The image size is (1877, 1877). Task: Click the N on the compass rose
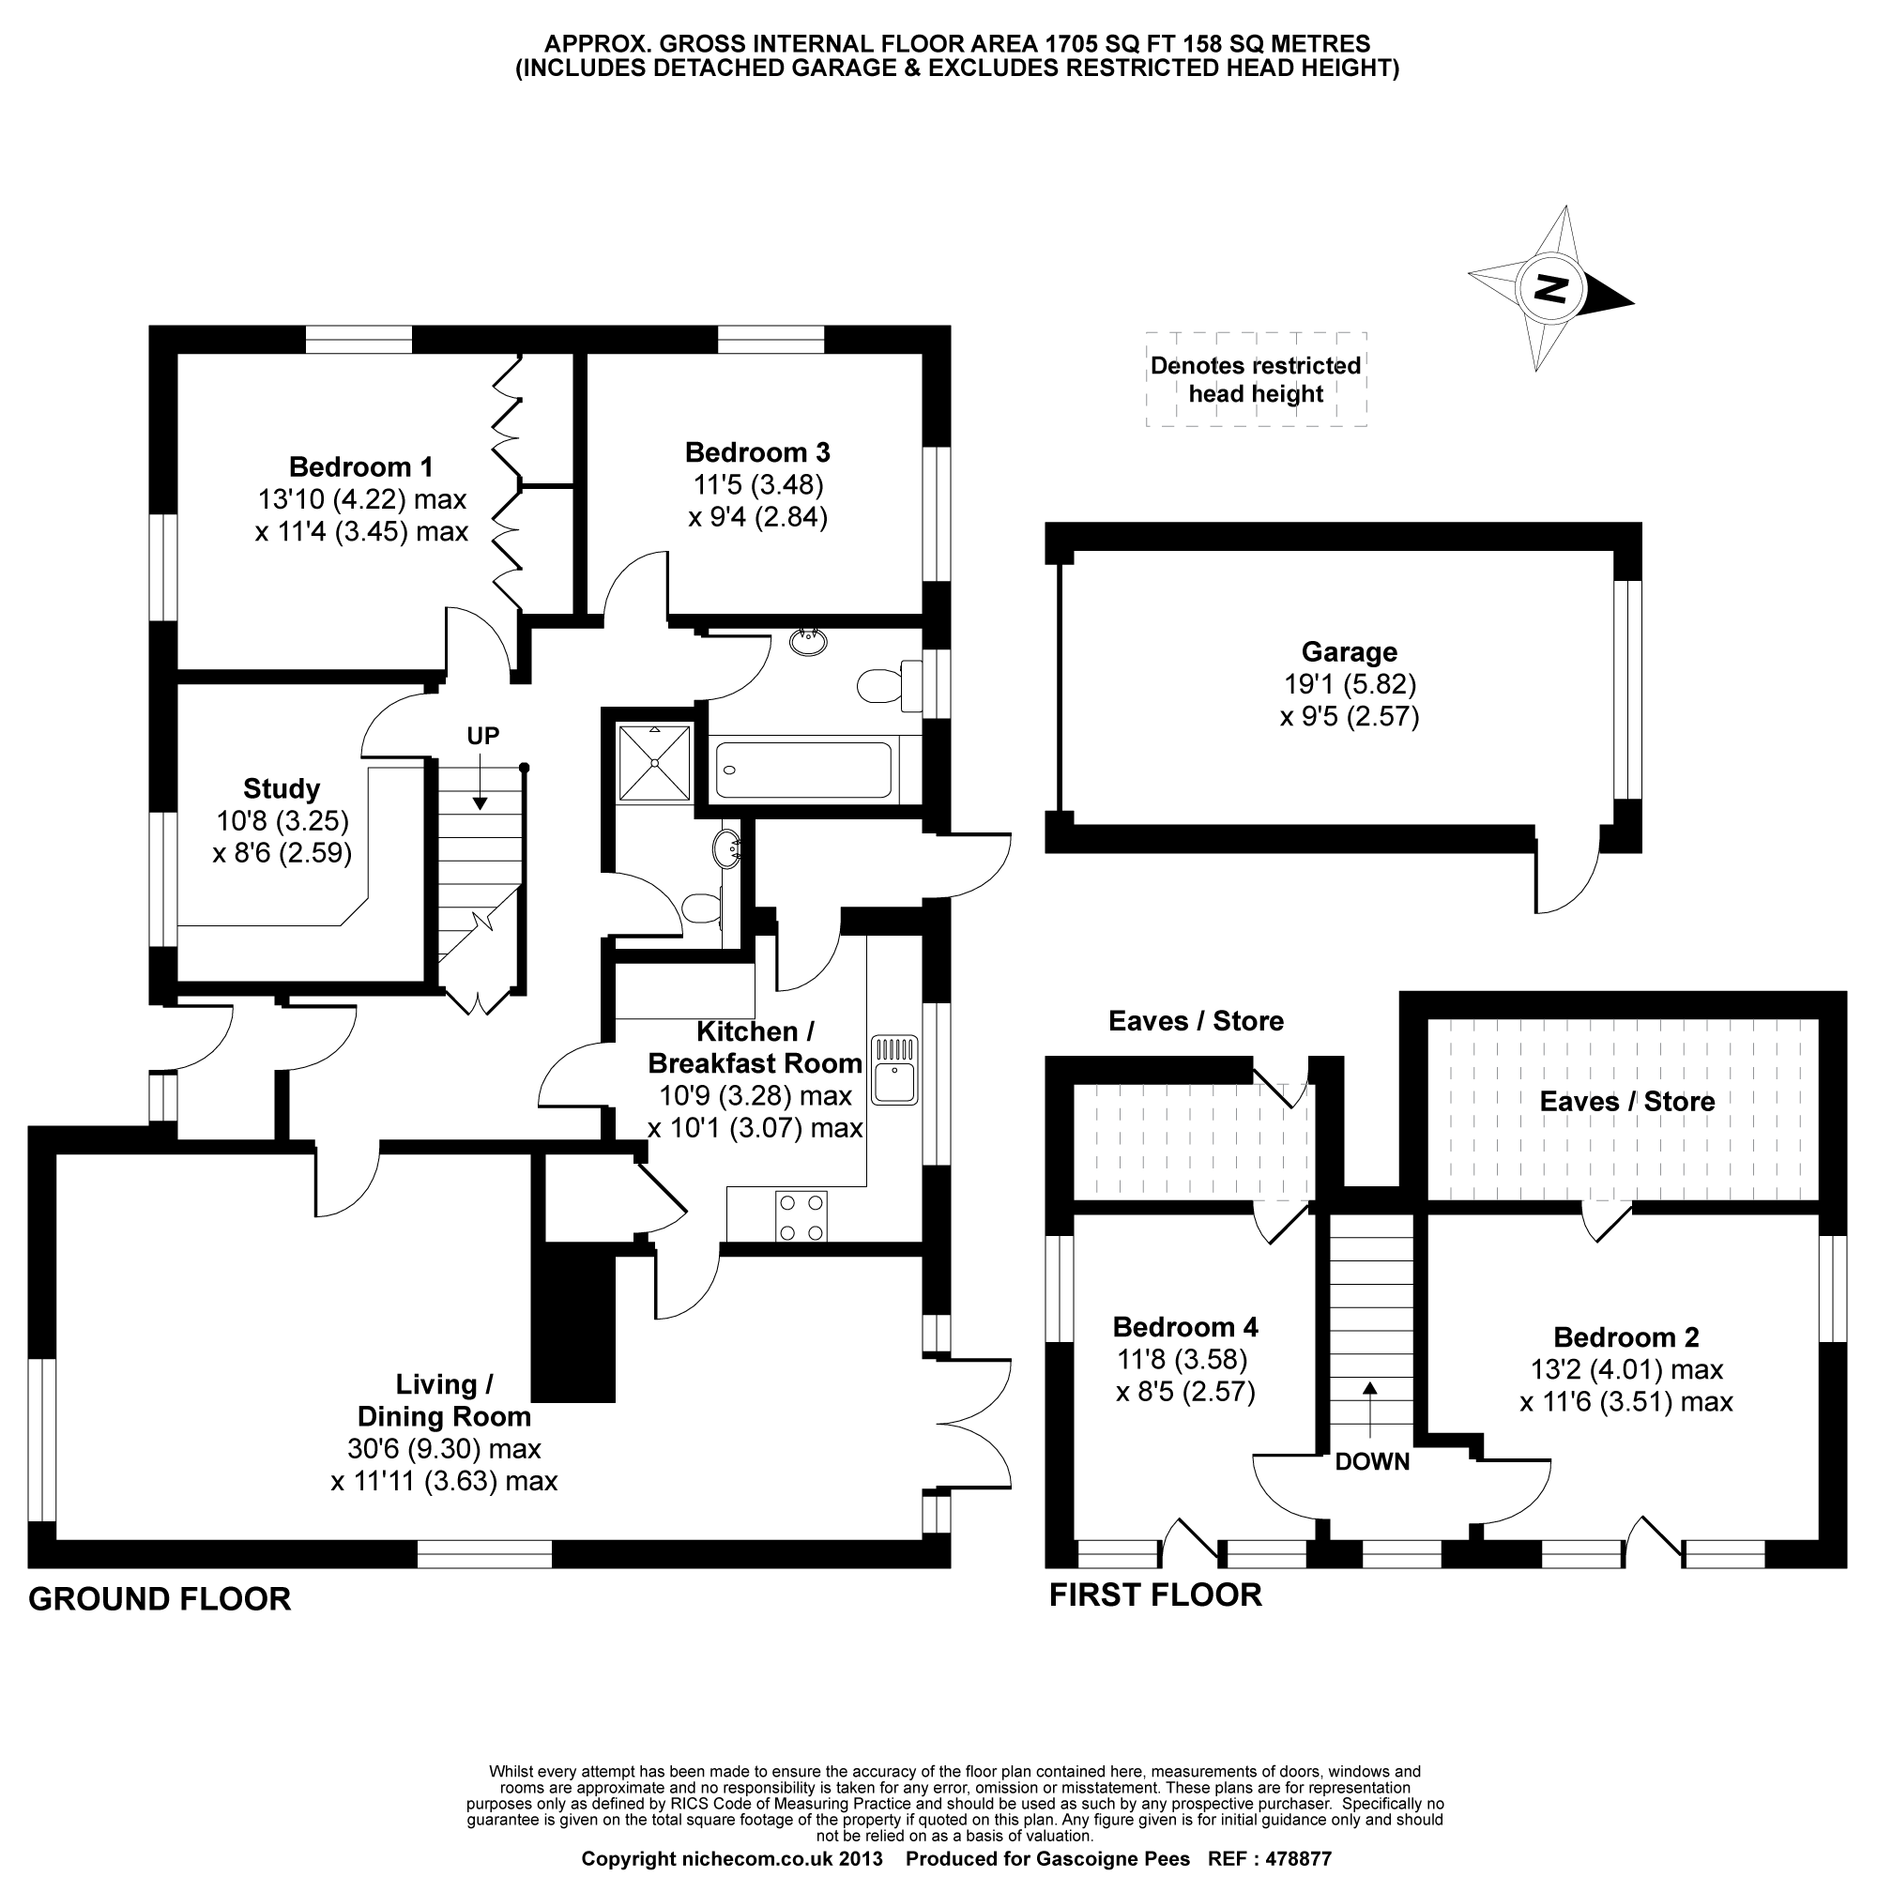pyautogui.click(x=1550, y=288)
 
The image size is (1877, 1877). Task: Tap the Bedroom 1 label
pyautogui.click(x=360, y=467)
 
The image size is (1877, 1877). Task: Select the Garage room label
pyautogui.click(x=1349, y=652)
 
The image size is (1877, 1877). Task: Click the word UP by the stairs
pyautogui.click(x=482, y=736)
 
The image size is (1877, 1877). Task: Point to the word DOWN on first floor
pyautogui.click(x=1372, y=1461)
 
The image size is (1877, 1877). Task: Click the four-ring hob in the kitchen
pyautogui.click(x=801, y=1215)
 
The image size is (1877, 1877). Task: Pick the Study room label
pyautogui.click(x=282, y=788)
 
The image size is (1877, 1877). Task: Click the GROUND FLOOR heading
pyautogui.click(x=160, y=1598)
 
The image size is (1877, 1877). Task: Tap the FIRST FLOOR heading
pyautogui.click(x=1155, y=1595)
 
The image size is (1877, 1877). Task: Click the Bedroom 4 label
pyautogui.click(x=1185, y=1326)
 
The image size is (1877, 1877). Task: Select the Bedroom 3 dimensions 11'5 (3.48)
pyautogui.click(x=756, y=484)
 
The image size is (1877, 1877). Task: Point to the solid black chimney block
pyautogui.click(x=574, y=1326)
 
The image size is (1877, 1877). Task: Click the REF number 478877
pyautogui.click(x=1296, y=1859)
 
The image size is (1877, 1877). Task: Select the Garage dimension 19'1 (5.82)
pyautogui.click(x=1350, y=684)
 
